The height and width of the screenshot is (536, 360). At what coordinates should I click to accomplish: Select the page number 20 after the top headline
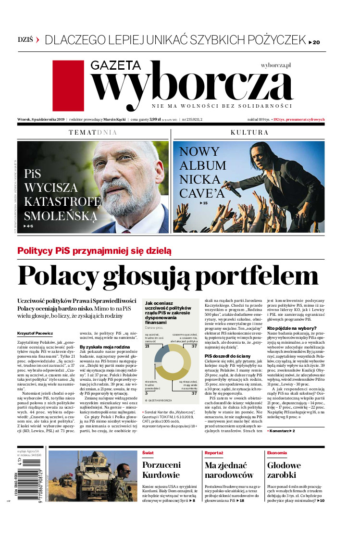316,42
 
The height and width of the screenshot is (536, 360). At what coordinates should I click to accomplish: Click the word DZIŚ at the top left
25,40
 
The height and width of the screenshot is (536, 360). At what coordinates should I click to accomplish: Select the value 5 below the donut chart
146,392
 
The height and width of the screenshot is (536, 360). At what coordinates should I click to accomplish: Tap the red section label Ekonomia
277,453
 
